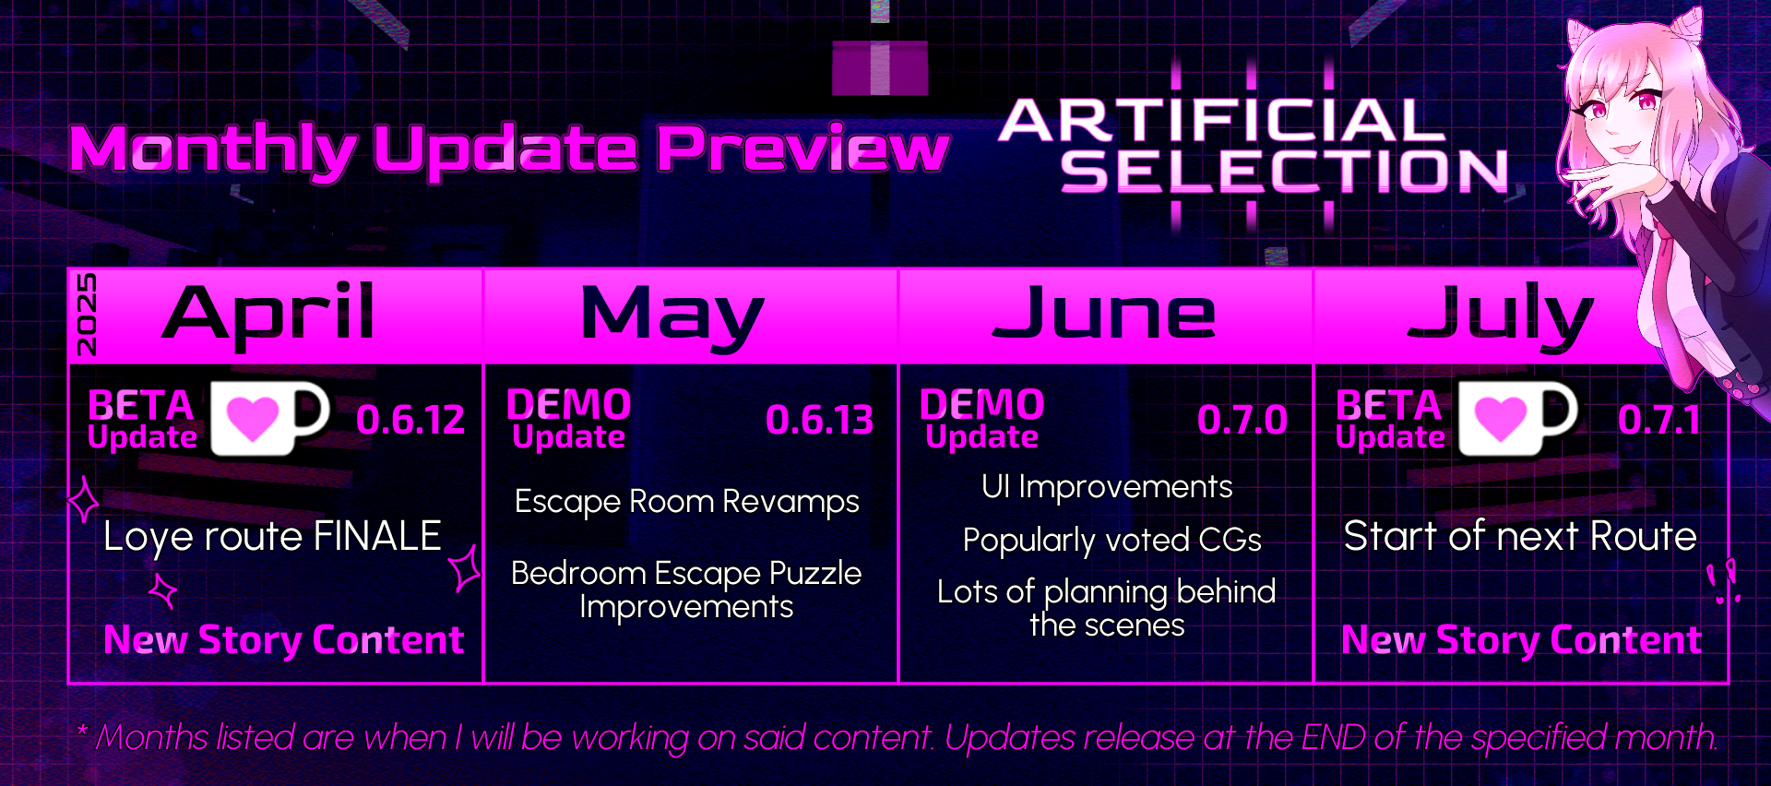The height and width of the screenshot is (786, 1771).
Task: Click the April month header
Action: pos(268,314)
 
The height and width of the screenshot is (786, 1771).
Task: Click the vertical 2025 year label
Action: pos(86,315)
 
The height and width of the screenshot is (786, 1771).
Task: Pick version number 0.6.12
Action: pos(410,421)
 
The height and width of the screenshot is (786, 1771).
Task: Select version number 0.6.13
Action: pos(819,421)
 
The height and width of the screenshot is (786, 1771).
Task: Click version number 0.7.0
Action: pos(1242,421)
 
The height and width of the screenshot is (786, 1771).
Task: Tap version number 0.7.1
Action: pos(1658,421)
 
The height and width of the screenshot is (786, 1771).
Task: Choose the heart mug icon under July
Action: pos(1517,419)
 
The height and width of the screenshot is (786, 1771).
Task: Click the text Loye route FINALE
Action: pos(272,537)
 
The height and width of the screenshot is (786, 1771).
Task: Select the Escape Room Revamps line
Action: pos(687,503)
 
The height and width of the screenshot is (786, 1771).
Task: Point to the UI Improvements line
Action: pos(1107,487)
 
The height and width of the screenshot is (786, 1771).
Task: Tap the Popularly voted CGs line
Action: pos(1111,541)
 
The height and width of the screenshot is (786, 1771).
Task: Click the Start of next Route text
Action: pos(1520,536)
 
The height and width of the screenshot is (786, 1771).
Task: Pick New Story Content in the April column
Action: pos(283,640)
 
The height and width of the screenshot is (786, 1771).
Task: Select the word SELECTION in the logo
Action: pos(1284,172)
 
